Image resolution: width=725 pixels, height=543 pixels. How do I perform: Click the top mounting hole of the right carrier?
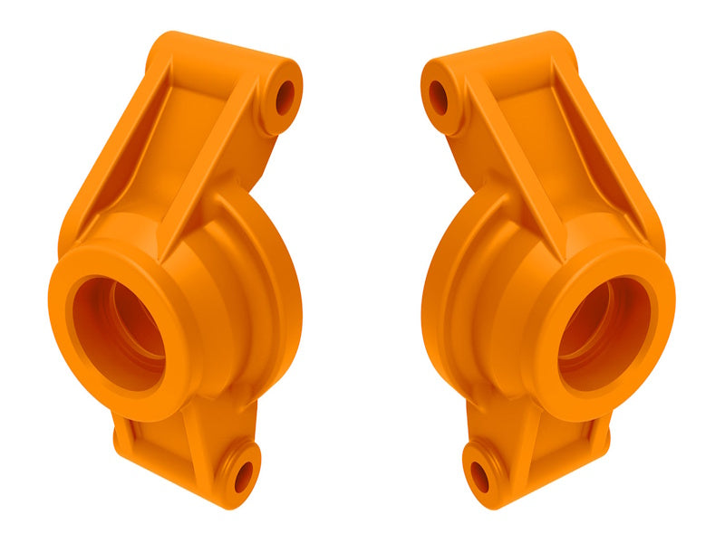pyautogui.click(x=439, y=98)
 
